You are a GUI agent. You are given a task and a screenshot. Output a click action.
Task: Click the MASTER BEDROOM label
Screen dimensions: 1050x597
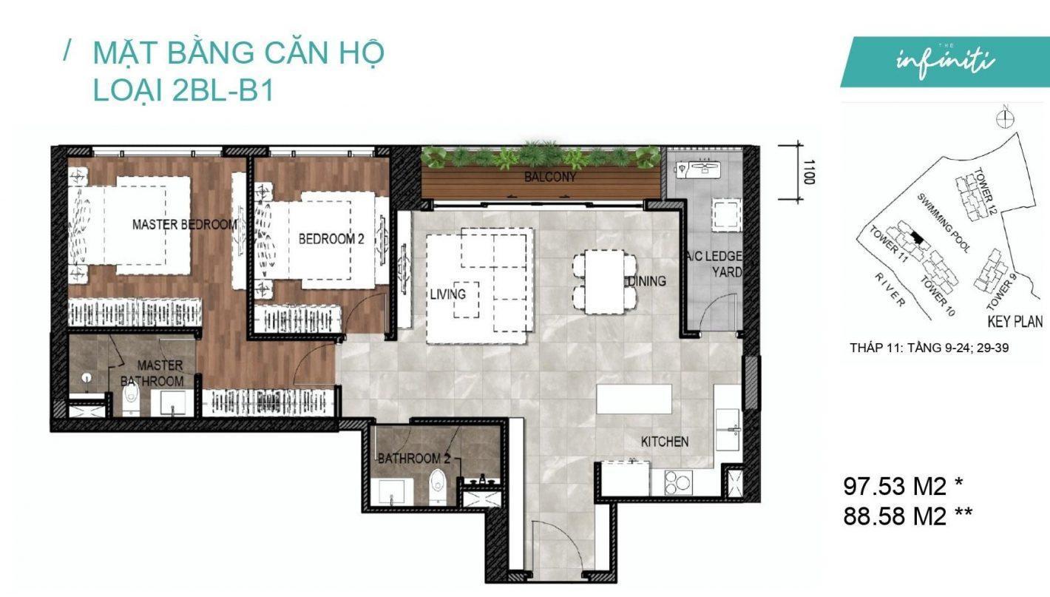[185, 225]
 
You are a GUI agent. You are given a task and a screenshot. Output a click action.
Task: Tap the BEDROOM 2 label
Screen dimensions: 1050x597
[331, 239]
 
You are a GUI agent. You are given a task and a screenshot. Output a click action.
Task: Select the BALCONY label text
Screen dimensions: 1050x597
[550, 178]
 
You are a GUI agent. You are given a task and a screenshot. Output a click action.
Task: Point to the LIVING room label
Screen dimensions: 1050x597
[448, 294]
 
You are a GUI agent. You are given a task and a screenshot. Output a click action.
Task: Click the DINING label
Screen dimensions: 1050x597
[647, 281]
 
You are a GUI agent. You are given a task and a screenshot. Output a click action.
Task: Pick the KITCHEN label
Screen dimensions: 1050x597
[665, 442]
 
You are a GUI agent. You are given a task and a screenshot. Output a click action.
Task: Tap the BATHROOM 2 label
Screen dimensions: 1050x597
[413, 458]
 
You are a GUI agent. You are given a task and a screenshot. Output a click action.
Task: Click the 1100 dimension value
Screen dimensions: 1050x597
[809, 172]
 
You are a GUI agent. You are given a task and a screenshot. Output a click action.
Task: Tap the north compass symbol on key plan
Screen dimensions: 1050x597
[1005, 119]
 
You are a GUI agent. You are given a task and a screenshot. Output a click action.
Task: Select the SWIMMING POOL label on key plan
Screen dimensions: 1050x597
[943, 222]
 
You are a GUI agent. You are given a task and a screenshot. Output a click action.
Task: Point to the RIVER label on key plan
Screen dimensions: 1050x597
[890, 290]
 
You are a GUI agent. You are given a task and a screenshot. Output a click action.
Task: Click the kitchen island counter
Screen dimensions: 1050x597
[634, 399]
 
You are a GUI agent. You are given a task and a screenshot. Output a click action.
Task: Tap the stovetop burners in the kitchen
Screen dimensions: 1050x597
[678, 482]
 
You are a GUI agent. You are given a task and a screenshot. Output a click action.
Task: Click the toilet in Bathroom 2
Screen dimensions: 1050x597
[437, 487]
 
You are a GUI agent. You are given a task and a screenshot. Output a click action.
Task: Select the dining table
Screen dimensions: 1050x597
[604, 281]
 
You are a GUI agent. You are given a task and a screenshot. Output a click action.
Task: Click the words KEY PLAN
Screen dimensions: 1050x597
[1015, 322]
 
